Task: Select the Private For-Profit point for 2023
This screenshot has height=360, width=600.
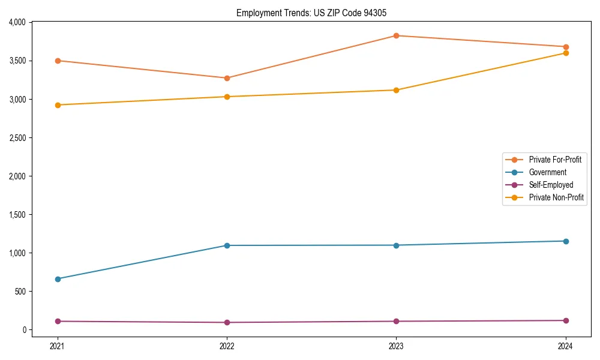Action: tap(396, 35)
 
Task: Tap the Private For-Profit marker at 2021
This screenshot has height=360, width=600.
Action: tap(58, 61)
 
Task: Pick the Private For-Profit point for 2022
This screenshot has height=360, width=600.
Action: tap(227, 78)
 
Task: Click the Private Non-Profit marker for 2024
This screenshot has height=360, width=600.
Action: tap(565, 53)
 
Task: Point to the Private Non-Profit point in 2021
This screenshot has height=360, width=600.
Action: tap(58, 105)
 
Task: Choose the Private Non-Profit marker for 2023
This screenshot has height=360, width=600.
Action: tap(396, 90)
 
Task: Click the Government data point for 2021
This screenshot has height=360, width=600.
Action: tap(58, 279)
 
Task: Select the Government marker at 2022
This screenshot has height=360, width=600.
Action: tap(227, 245)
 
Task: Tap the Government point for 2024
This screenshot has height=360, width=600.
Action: tap(565, 241)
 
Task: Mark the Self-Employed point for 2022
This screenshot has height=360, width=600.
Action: tap(227, 322)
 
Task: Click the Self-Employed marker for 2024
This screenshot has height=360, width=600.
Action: tap(565, 320)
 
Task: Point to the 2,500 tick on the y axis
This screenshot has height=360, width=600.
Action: tap(17, 138)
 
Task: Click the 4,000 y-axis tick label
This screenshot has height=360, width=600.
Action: tap(17, 22)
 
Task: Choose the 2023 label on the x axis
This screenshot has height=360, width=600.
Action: tap(396, 346)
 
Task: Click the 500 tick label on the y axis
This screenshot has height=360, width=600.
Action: tap(21, 292)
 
